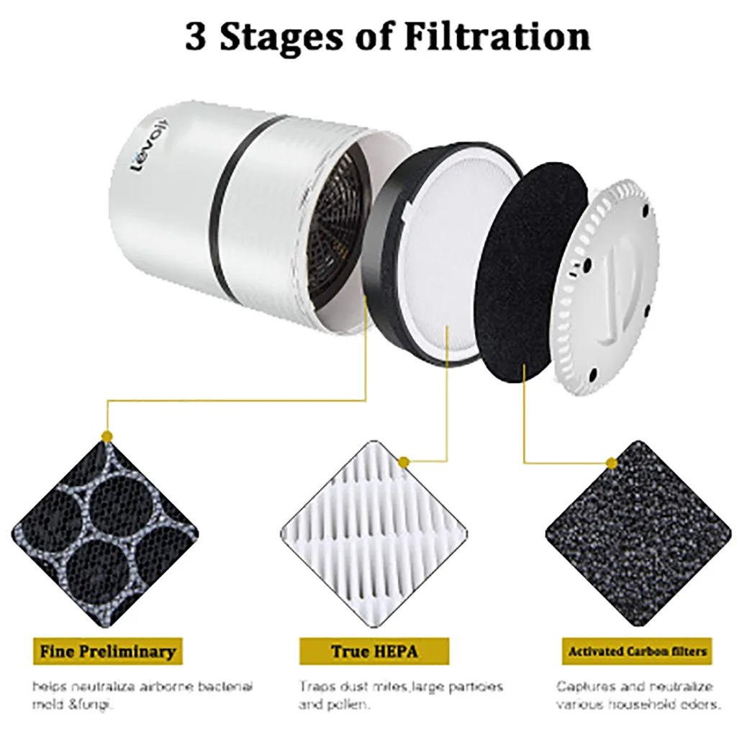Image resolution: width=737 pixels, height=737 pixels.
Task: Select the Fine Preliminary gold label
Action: coord(107,652)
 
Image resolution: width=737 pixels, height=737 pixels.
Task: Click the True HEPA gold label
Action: coord(374,652)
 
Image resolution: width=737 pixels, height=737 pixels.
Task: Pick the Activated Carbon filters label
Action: coord(637,652)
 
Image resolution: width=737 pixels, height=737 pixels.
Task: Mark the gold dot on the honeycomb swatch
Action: coord(107,436)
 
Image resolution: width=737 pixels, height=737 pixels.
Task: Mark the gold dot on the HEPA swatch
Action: coord(404,461)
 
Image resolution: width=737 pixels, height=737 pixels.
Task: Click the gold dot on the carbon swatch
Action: coord(611,462)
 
